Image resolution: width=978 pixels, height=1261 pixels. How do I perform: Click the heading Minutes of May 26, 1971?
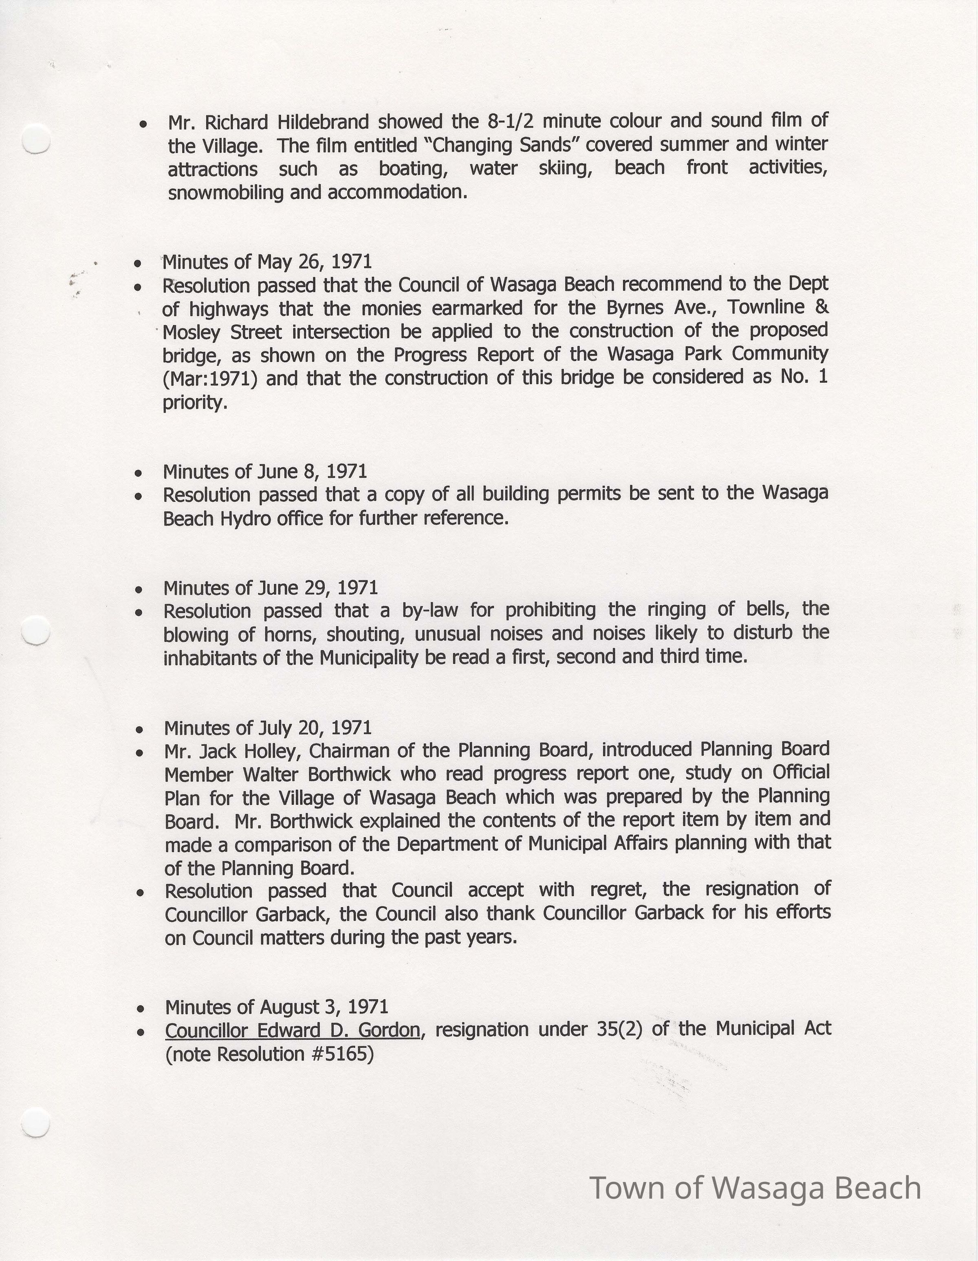click(267, 262)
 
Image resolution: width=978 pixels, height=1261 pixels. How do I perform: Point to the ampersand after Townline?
click(822, 306)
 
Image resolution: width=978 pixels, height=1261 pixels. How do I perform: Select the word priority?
click(194, 402)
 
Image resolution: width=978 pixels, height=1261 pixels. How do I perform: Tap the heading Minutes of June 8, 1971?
click(265, 472)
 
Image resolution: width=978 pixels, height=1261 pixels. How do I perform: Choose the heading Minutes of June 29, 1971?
click(270, 588)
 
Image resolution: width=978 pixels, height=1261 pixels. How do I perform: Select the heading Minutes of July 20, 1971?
click(268, 728)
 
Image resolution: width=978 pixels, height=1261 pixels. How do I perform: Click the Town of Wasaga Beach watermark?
click(755, 1188)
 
